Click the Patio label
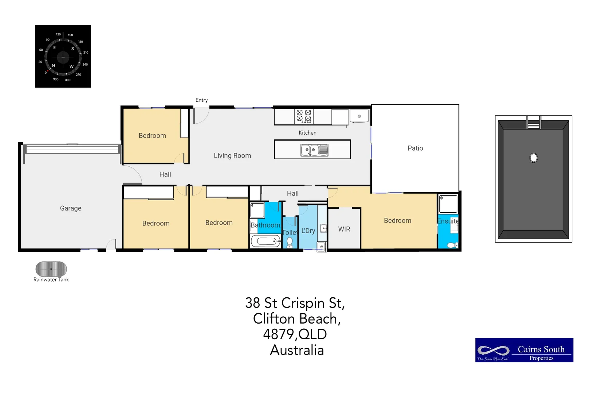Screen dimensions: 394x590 tap(415, 148)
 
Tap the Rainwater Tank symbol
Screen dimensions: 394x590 tap(51, 269)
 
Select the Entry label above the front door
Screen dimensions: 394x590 tap(201, 100)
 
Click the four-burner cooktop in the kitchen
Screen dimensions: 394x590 tap(304, 116)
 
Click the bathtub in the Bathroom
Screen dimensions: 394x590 tap(265, 241)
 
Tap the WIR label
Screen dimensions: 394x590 tap(344, 229)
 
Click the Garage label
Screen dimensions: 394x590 tap(71, 208)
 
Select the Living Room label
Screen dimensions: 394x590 tap(232, 156)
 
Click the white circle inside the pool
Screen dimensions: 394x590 tap(533, 158)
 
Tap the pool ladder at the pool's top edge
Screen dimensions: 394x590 tap(533, 123)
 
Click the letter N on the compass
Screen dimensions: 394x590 tap(54, 66)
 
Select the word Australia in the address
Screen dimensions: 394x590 tap(296, 350)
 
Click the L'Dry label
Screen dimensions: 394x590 tap(308, 231)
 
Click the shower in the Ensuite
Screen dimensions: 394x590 tap(448, 204)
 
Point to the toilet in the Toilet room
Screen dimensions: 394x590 tap(290, 243)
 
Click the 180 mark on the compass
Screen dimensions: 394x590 tap(80, 42)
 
